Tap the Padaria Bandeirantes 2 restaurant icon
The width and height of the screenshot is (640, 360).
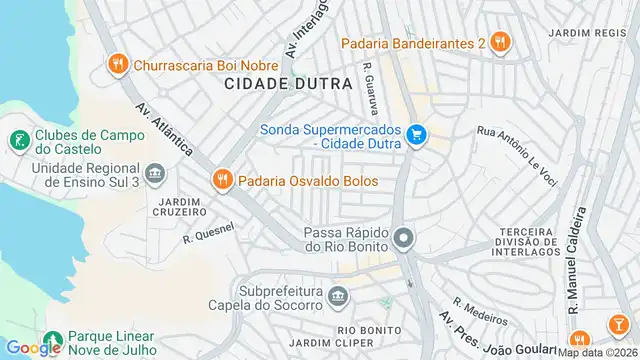click(500, 43)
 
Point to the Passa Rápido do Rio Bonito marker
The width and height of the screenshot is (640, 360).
click(403, 239)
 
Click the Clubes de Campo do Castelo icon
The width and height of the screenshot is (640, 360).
click(18, 141)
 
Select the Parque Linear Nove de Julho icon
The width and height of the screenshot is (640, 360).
click(52, 340)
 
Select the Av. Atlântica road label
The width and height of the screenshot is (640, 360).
click(165, 130)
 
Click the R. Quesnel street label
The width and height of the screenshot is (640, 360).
click(207, 233)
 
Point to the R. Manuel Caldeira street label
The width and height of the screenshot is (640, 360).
click(577, 261)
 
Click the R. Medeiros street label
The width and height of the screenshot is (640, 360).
click(480, 312)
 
